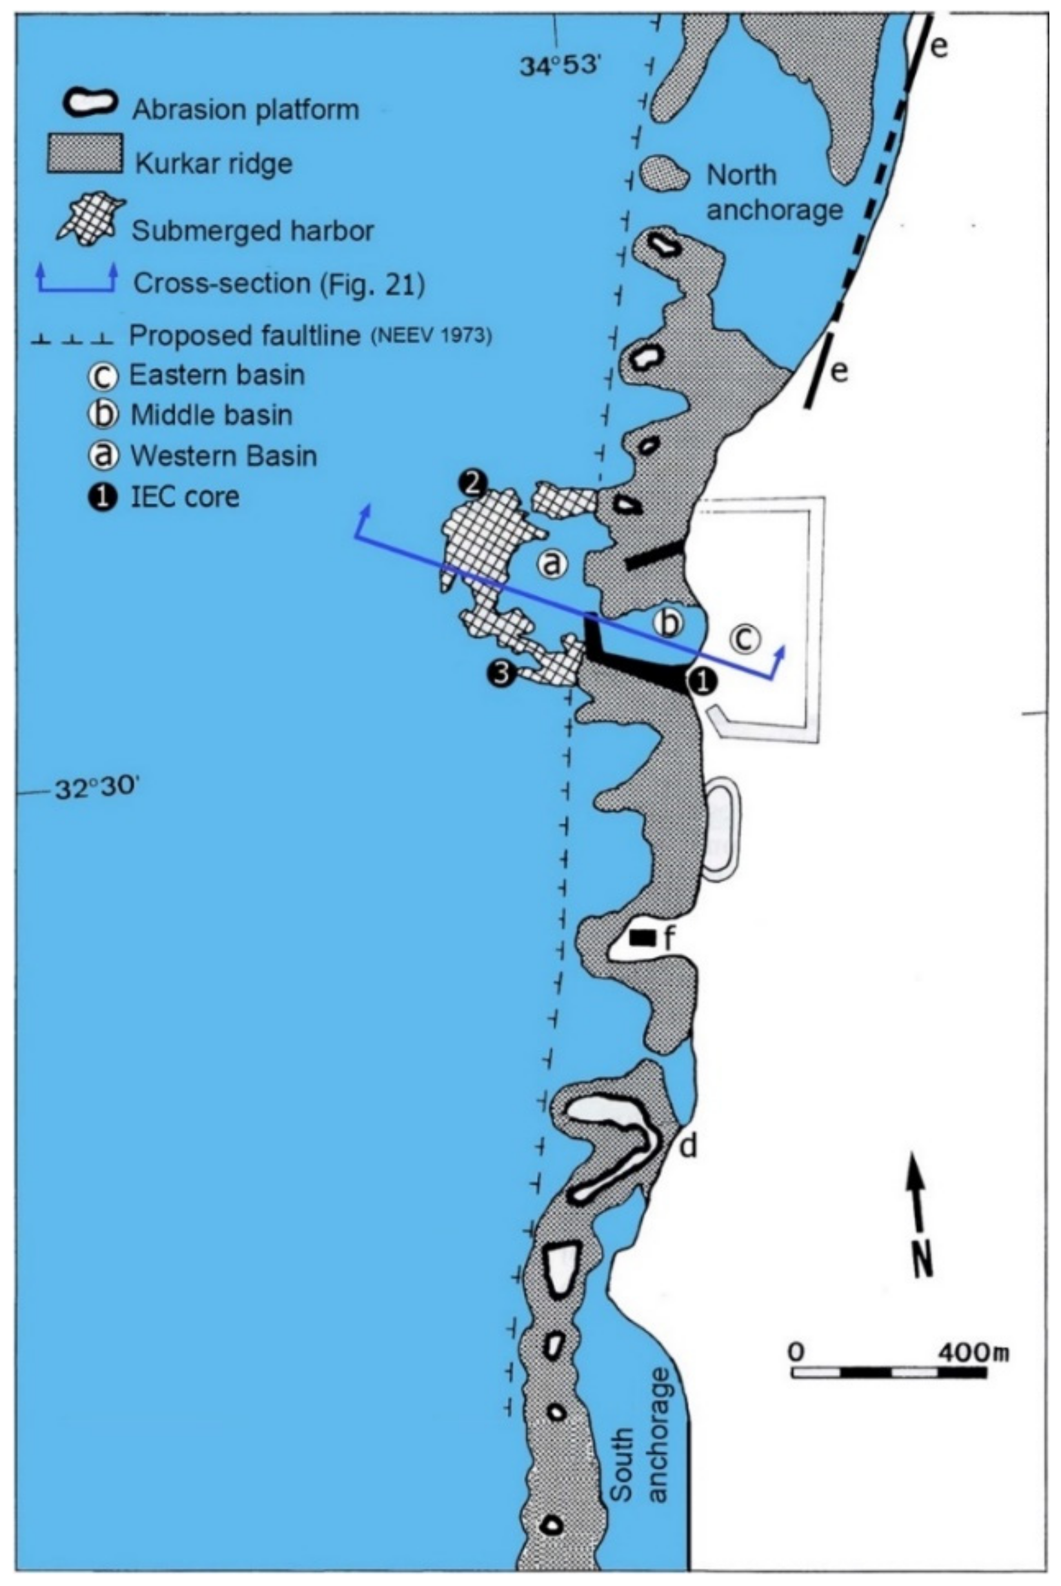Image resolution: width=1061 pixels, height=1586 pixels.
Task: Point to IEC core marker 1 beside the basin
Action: [x=702, y=681]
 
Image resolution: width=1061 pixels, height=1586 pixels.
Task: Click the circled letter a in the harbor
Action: [x=552, y=563]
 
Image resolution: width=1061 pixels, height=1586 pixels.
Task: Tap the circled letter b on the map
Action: [x=668, y=623]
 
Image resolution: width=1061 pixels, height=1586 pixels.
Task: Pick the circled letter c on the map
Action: [x=744, y=639]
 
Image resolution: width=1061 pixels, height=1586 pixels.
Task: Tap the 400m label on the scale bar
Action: [x=972, y=1352]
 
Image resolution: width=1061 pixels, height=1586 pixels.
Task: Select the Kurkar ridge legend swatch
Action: [x=84, y=154]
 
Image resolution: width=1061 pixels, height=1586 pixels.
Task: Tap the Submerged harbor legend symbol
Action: [x=89, y=218]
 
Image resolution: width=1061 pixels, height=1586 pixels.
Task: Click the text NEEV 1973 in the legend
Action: [x=431, y=336]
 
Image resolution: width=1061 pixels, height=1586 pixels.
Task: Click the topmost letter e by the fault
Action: [x=938, y=47]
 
